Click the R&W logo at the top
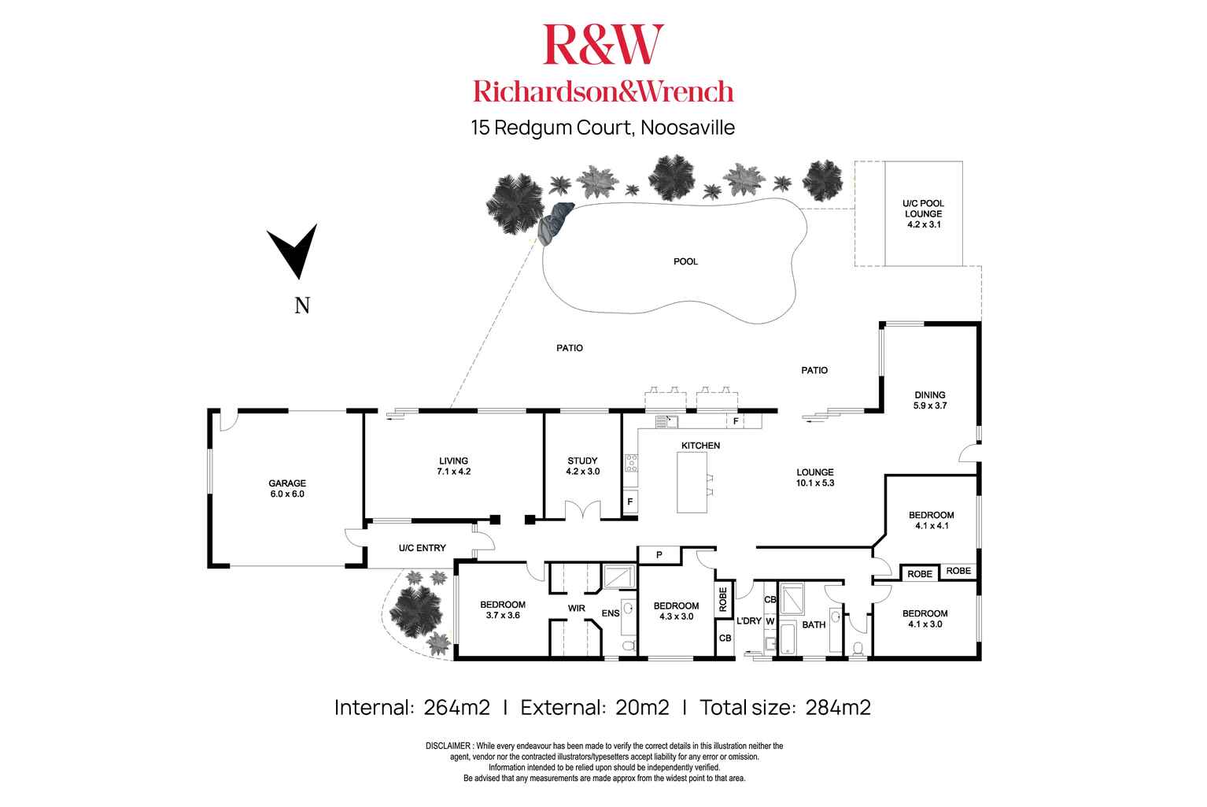(x=603, y=44)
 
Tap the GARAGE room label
(x=286, y=483)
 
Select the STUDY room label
(x=582, y=461)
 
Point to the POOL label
(x=685, y=261)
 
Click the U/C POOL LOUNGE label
(x=922, y=209)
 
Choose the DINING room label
(x=929, y=395)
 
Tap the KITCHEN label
(x=700, y=446)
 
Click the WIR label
(x=578, y=607)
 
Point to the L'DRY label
(x=748, y=620)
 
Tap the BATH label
(x=813, y=624)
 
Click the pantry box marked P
(x=659, y=555)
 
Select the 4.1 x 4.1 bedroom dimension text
(x=932, y=526)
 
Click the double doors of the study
(x=582, y=510)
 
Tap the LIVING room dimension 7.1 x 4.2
(x=454, y=472)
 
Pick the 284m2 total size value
(x=838, y=707)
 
